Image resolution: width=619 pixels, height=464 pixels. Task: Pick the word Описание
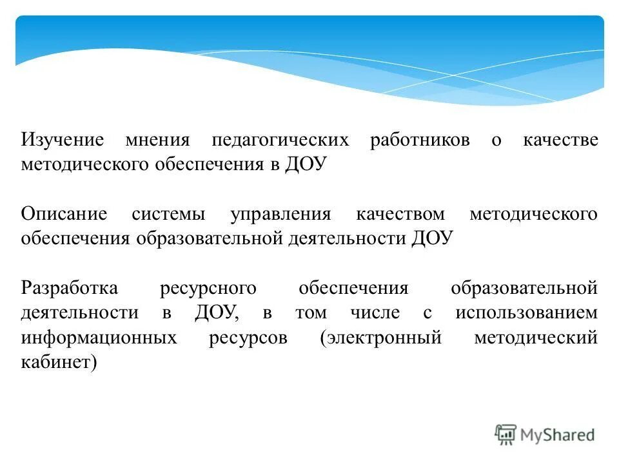pos(64,215)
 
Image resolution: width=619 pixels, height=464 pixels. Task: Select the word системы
pos(169,215)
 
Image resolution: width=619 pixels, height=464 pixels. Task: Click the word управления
pos(280,215)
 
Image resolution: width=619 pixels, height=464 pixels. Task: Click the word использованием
pos(526,313)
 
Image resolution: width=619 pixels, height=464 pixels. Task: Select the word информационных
pos(99,338)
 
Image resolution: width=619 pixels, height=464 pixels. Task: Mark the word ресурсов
pos(248,338)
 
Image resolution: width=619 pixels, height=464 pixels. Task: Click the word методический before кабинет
pos(536,338)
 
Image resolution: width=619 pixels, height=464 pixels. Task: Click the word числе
pos(375,313)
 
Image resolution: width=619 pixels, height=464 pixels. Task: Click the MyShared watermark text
pos(558,435)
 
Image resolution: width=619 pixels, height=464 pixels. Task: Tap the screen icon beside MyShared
pos(506,434)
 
